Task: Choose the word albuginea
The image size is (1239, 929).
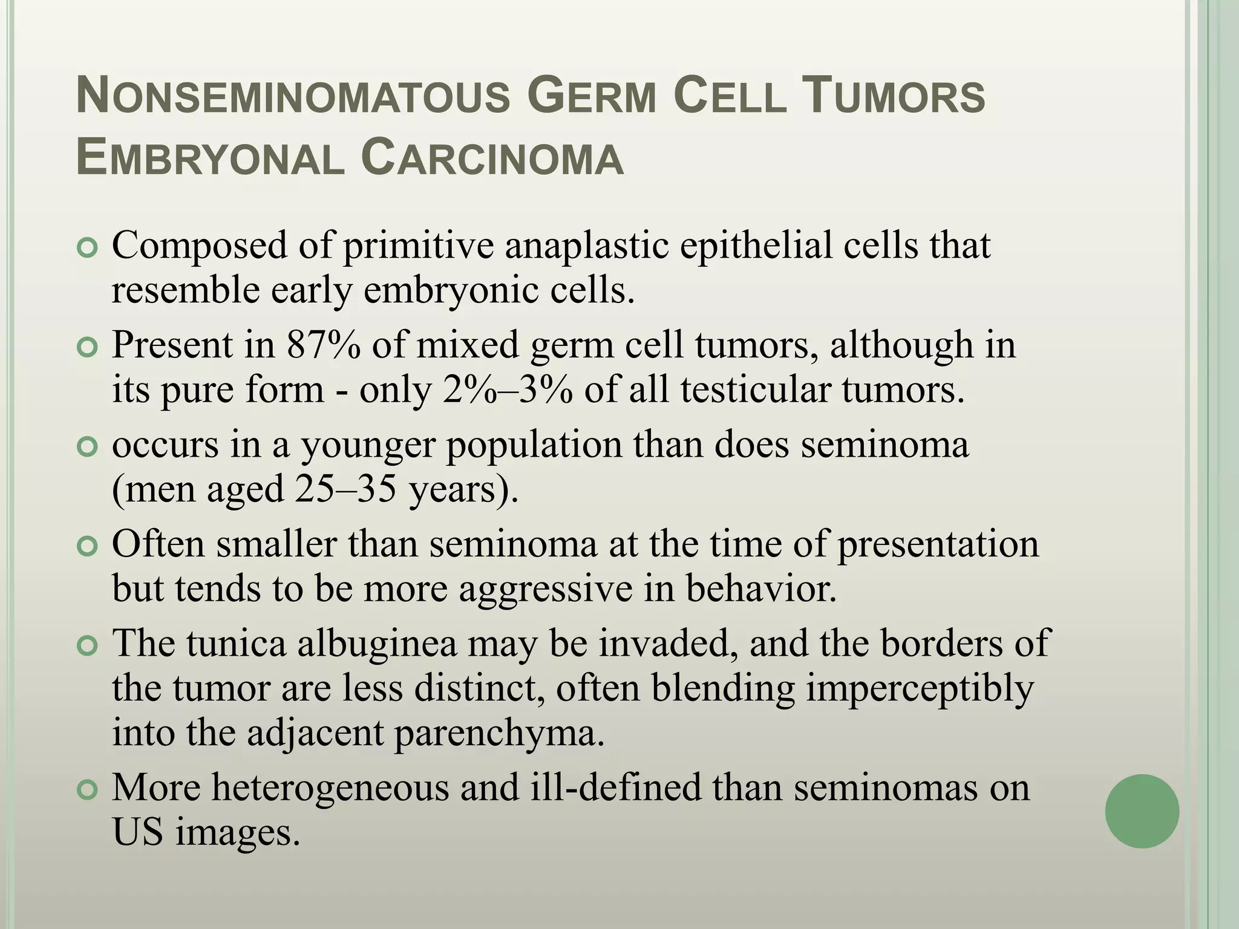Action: pyautogui.click(x=377, y=642)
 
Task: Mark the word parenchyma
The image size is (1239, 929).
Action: pyautogui.click(x=499, y=733)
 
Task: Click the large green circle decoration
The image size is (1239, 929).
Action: pyautogui.click(x=1142, y=811)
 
